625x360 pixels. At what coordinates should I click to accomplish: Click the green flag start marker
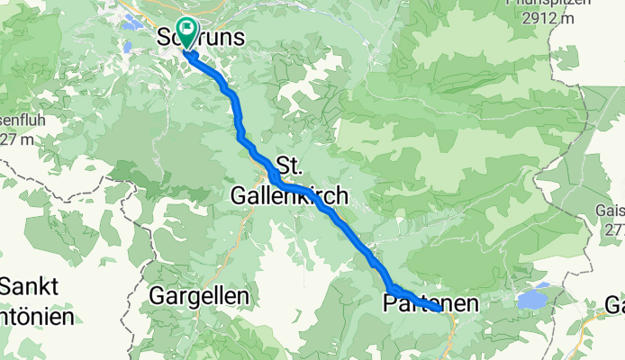pos(187,33)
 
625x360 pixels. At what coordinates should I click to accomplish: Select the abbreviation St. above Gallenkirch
pos(287,166)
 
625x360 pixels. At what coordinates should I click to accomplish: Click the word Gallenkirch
pos(289,194)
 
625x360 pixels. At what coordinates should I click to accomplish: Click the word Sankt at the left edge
pos(29,287)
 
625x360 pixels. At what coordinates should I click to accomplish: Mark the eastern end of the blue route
pos(439,309)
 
